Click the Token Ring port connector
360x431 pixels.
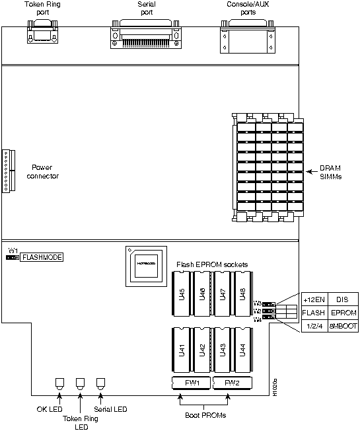click(42, 32)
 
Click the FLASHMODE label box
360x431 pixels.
click(42, 256)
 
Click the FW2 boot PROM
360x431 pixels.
click(229, 383)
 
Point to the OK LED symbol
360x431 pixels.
click(59, 383)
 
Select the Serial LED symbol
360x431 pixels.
click(101, 383)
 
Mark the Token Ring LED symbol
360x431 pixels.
click(80, 383)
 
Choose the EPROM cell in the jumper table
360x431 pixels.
click(344, 312)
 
